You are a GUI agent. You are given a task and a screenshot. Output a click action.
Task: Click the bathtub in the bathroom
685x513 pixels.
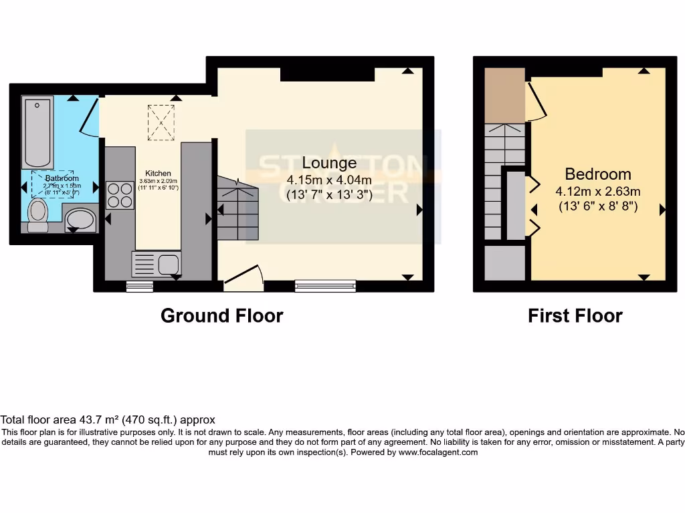coord(37,132)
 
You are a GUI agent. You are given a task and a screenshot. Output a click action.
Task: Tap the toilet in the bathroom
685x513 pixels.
coord(38,214)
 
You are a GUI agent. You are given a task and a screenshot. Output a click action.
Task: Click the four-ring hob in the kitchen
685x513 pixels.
coord(120,194)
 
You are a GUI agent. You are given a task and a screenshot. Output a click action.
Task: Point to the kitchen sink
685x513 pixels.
coord(157,264)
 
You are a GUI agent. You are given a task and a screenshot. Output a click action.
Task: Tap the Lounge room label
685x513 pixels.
coord(329,162)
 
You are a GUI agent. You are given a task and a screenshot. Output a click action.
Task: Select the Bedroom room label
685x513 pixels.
coord(598,174)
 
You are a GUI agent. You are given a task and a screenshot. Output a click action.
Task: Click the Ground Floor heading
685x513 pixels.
coord(221,316)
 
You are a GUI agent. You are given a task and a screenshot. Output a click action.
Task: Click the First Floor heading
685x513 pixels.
coord(575,316)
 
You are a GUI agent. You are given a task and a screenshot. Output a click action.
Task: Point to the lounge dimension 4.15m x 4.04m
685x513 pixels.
coord(329,180)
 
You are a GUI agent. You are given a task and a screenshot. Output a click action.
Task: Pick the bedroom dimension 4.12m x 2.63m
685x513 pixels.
coord(598,192)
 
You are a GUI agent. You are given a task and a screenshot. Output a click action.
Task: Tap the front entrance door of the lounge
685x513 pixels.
coord(242,279)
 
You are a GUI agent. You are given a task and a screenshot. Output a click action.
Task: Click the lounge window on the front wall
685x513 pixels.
coord(326,286)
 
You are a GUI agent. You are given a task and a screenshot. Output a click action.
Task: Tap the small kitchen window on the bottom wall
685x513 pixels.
coord(140,287)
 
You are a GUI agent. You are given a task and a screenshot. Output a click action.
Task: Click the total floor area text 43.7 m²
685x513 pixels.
coord(108,420)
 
